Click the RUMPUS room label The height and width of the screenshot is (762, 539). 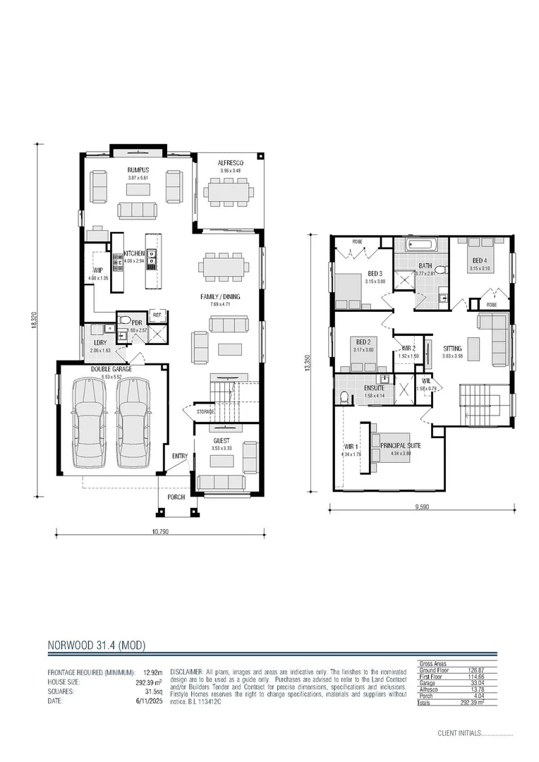pos(138,170)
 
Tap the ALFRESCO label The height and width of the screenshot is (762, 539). pos(230,162)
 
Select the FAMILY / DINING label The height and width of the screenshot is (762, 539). pos(220,297)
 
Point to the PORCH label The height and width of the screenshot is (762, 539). pos(176,497)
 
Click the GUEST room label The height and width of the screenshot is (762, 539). pos(222,440)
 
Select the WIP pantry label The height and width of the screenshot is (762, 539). pos(98,270)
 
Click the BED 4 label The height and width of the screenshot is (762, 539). pos(480,260)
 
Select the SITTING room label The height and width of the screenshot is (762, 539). pos(452,349)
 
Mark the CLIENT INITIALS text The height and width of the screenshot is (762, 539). pos(465,733)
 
